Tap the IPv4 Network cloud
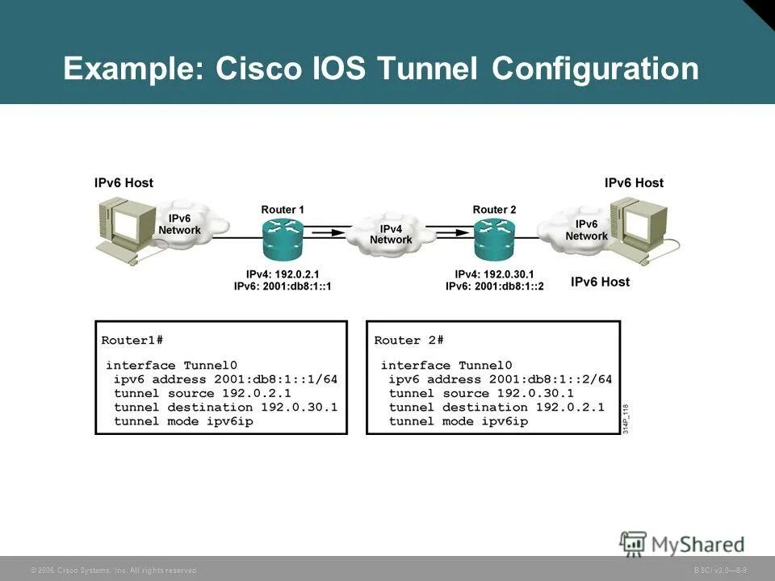click(x=391, y=234)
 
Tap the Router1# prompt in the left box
click(x=132, y=340)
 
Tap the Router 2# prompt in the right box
click(x=409, y=340)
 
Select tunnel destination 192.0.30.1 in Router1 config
click(x=225, y=408)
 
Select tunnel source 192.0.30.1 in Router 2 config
click(x=481, y=393)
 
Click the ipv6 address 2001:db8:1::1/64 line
click(x=225, y=379)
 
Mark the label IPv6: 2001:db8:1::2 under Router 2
click(x=495, y=286)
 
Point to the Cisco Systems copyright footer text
click(x=114, y=571)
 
